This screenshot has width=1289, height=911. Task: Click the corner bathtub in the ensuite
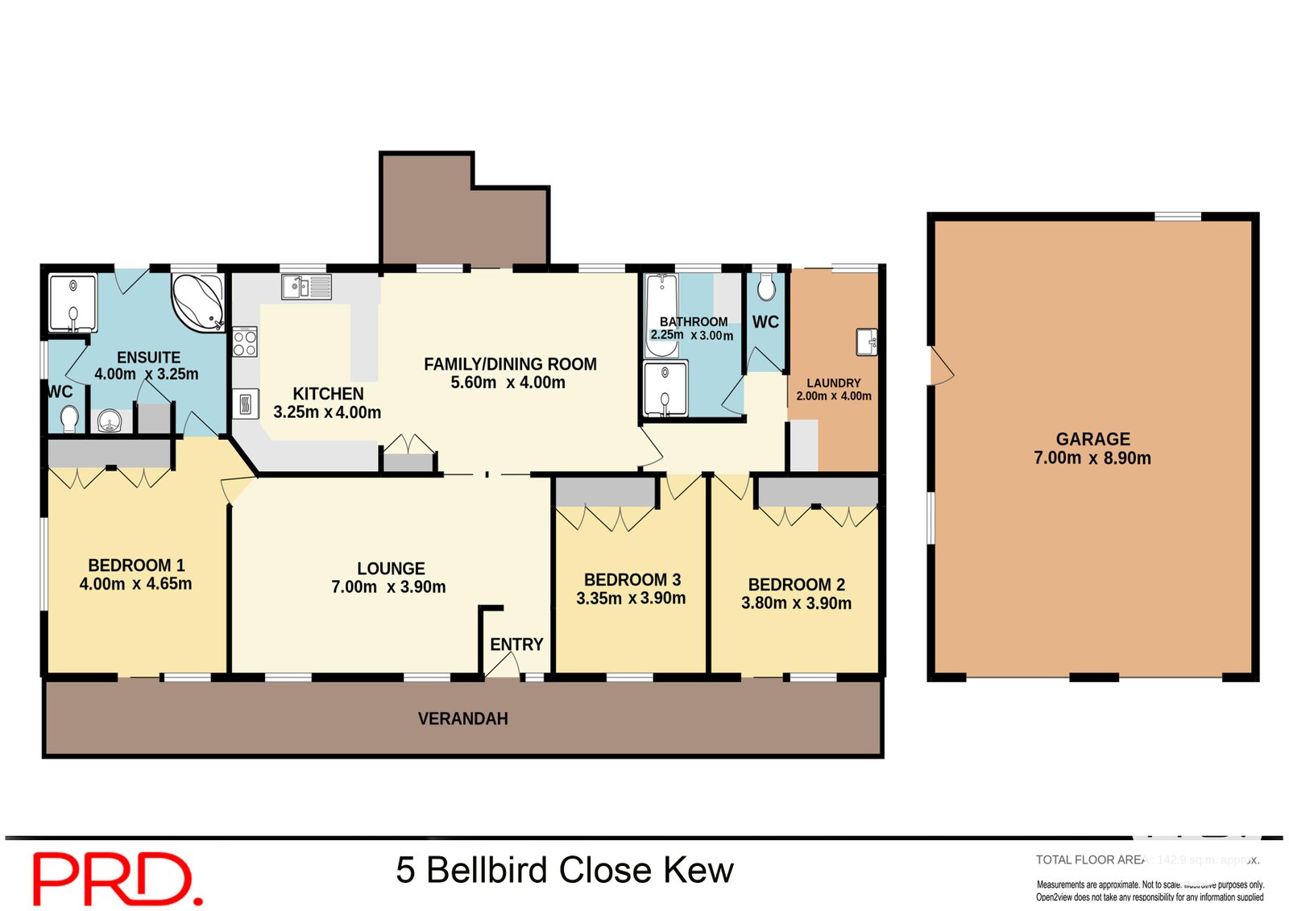[x=197, y=302]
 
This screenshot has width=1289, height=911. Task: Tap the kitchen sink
[x=305, y=286]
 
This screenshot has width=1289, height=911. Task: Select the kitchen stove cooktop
[x=245, y=342]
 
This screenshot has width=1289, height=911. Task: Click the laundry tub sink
[x=866, y=342]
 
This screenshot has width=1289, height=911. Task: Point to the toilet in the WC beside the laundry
[x=766, y=287]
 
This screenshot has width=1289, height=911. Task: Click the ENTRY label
[x=516, y=644]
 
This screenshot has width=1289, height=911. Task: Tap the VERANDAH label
[x=462, y=718]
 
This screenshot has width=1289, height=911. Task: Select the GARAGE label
[x=1092, y=439]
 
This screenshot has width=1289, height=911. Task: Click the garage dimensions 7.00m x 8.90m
[x=1092, y=458]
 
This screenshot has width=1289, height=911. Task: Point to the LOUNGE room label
[x=391, y=569]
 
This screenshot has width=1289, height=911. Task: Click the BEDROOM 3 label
[x=632, y=580]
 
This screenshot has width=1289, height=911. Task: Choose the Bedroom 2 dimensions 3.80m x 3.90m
[x=796, y=603]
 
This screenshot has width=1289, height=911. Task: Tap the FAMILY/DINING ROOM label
[x=510, y=364]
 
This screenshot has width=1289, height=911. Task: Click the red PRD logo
[x=117, y=878]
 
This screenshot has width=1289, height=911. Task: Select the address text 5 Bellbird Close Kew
[x=564, y=870]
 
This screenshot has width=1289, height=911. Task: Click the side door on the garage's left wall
[x=941, y=366]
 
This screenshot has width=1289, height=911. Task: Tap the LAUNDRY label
[x=834, y=383]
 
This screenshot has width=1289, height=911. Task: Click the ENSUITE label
[x=148, y=357]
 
